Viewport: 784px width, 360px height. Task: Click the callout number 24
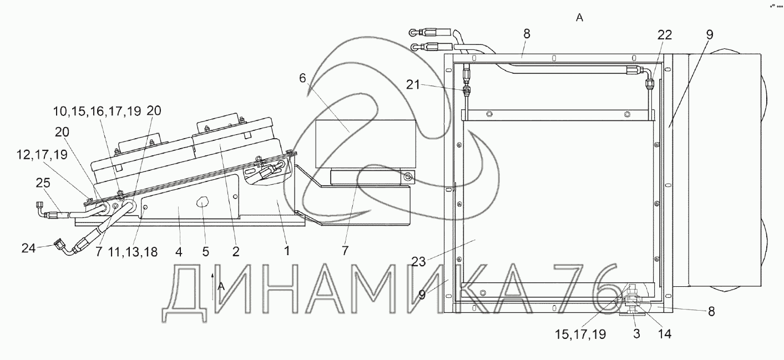click(x=28, y=248)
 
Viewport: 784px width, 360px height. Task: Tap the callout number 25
click(x=43, y=183)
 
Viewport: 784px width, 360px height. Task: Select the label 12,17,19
click(x=42, y=154)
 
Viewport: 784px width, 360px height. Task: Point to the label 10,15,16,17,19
click(x=97, y=111)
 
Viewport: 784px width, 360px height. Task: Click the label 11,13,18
click(x=133, y=251)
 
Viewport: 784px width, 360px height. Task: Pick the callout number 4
click(x=179, y=251)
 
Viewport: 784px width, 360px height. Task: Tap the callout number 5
click(x=205, y=251)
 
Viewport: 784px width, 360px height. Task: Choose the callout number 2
click(x=236, y=251)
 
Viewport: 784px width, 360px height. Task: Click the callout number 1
click(x=287, y=251)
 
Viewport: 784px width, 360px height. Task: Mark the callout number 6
click(x=303, y=78)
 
